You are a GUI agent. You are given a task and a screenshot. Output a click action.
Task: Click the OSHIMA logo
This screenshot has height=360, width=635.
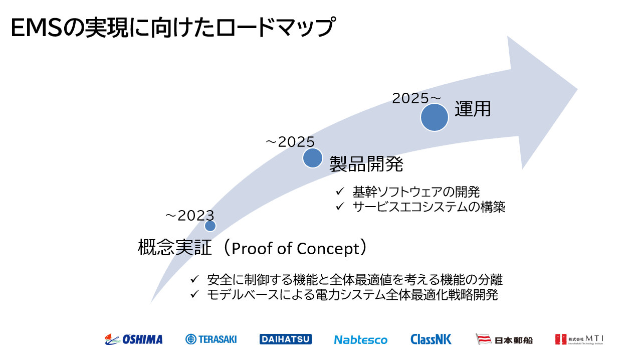[x=134, y=339]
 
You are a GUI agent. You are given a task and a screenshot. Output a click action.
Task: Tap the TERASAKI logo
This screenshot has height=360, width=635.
[x=211, y=339]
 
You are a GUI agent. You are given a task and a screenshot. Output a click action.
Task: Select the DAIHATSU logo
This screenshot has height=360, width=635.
[x=286, y=339]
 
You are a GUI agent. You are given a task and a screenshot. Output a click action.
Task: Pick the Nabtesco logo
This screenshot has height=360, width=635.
[x=361, y=340]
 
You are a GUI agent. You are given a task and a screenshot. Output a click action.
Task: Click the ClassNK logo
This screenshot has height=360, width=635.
[x=431, y=339]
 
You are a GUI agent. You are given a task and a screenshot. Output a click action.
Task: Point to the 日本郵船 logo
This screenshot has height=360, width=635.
[x=504, y=339]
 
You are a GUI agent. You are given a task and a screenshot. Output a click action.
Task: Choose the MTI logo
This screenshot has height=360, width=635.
[x=579, y=339]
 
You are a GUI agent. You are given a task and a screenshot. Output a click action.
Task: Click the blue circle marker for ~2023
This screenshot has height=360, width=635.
[x=210, y=226]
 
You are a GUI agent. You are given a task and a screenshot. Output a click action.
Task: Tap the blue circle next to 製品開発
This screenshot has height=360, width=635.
[x=313, y=158]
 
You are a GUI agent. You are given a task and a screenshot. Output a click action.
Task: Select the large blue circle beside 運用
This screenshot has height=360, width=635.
[x=435, y=117]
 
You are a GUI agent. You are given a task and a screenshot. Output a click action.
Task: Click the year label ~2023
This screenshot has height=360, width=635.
[x=189, y=216]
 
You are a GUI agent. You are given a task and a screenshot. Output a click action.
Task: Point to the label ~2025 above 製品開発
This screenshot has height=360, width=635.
[x=290, y=142]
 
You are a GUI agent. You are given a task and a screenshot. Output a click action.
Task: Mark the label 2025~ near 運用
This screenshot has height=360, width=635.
[x=416, y=98]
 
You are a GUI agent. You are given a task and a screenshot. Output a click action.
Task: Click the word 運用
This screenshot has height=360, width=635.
[x=473, y=109]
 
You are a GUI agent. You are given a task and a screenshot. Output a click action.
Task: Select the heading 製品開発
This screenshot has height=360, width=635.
[x=366, y=164]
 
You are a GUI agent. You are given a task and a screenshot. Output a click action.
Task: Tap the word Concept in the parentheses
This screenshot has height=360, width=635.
[x=328, y=249]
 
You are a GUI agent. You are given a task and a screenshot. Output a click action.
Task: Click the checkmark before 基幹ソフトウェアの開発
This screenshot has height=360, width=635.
[x=340, y=192]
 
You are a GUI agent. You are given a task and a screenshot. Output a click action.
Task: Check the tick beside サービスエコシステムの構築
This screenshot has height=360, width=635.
[x=340, y=206]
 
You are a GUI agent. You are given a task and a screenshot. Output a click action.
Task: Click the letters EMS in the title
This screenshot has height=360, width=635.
[x=37, y=28]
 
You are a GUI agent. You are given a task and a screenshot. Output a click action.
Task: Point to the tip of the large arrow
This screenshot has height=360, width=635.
[x=577, y=89]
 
